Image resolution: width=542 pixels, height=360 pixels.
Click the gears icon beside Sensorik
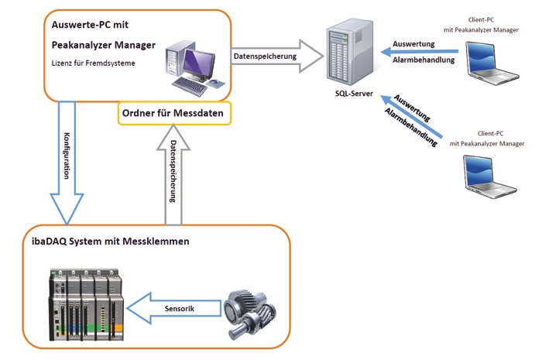[x=248, y=310]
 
